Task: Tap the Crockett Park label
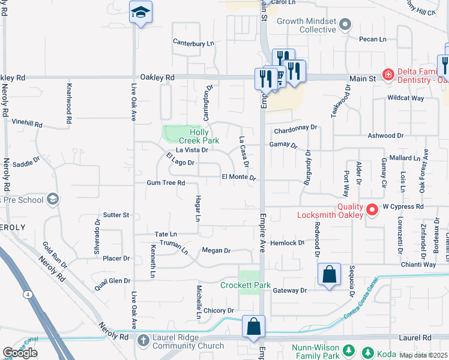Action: (245, 285)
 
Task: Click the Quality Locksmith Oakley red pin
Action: (372, 209)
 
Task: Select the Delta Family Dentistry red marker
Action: (388, 75)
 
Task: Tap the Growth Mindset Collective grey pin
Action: (345, 25)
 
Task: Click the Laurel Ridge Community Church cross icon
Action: (143, 340)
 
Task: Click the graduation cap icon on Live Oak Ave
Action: (140, 13)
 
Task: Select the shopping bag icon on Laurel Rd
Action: (254, 327)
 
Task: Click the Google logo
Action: (20, 353)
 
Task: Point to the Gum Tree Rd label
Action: (166, 182)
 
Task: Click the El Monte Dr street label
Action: (239, 178)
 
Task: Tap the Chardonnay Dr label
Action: (295, 129)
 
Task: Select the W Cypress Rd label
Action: (403, 206)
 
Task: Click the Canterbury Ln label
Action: (193, 43)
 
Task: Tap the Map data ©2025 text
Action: (424, 355)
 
